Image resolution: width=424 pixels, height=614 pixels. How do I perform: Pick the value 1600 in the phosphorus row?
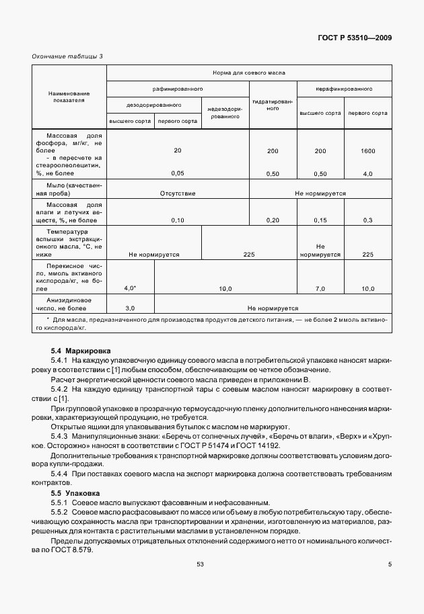367,151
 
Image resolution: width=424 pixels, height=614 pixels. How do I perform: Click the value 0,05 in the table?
178,174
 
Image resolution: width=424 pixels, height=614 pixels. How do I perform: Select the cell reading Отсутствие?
178,193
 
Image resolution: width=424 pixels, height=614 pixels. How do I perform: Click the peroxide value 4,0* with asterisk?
131,288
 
